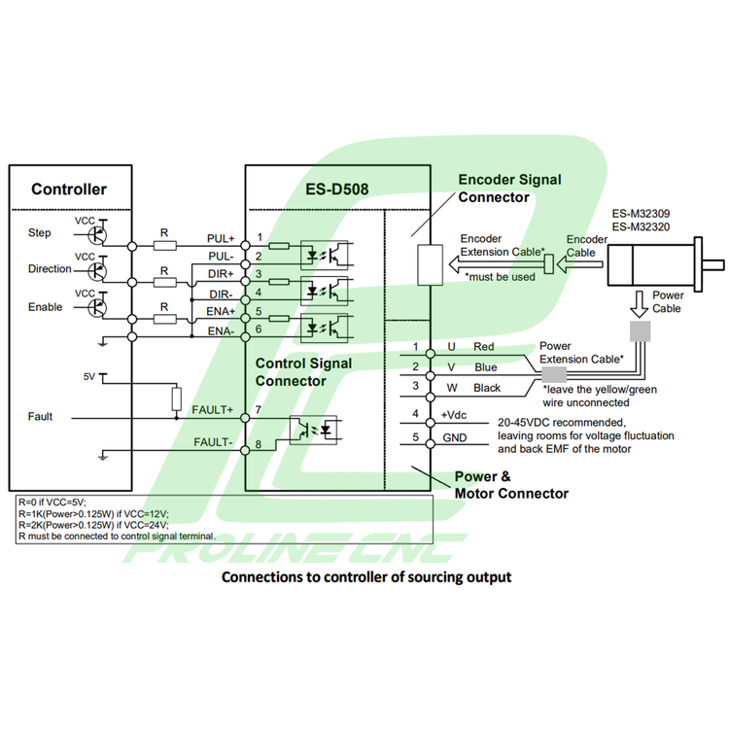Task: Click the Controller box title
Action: (69, 189)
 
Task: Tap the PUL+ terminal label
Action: (221, 238)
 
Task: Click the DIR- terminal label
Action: (221, 294)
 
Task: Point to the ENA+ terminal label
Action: (221, 312)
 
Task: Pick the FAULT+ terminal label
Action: (213, 409)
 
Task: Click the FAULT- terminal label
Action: (213, 443)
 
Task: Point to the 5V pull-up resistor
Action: (176, 399)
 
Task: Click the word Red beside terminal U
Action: (484, 347)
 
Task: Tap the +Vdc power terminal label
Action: (455, 415)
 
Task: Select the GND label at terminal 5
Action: (454, 437)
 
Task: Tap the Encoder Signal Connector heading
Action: (508, 189)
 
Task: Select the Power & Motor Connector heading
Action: (511, 486)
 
